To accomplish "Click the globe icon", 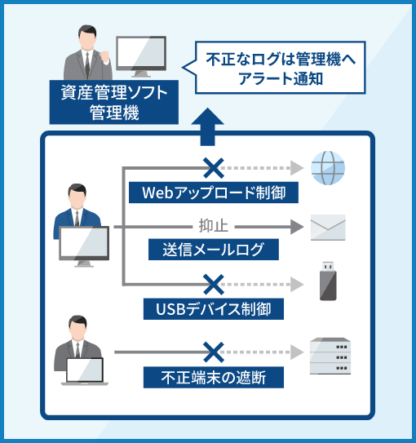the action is tap(328, 168).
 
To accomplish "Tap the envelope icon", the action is tap(328, 228).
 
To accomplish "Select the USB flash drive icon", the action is tap(328, 281).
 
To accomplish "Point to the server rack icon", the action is tap(330, 356).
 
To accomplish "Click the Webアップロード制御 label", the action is tap(214, 193).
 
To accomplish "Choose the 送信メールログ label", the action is tap(214, 250).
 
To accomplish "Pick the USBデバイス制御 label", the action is tap(214, 309).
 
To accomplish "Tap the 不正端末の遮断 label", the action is tap(214, 378).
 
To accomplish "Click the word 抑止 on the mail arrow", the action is tap(214, 226).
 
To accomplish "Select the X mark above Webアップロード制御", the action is tap(214, 168).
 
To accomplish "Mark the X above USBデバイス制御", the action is tap(214, 285).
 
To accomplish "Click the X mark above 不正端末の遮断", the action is tap(214, 352).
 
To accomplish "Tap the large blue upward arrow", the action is tap(207, 126).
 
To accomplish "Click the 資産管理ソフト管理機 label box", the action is tap(114, 102).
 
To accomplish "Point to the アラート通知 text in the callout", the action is tap(281, 78).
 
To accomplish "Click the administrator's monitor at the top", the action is tap(141, 56).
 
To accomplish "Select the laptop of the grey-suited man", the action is tap(85, 371).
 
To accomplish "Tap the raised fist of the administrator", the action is tap(104, 56).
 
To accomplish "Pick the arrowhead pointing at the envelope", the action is tap(297, 227).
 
